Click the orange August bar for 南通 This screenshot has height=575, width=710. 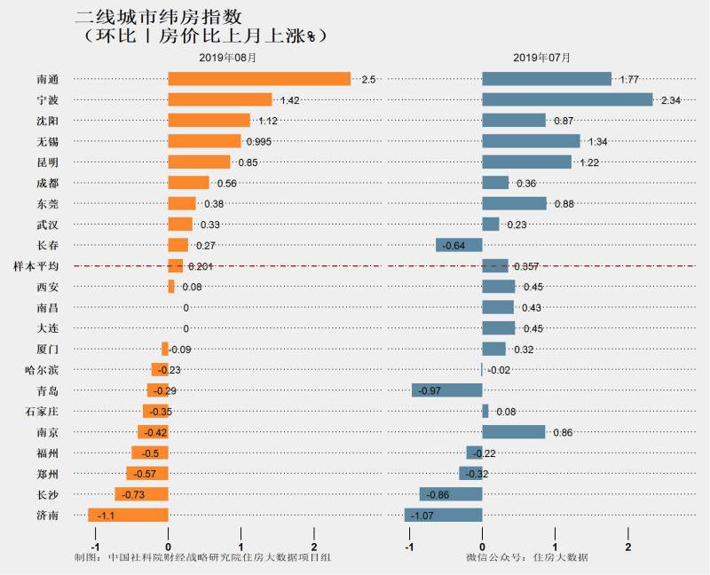(259, 79)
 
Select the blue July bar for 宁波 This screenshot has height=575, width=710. (567, 100)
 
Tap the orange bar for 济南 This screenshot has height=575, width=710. (128, 515)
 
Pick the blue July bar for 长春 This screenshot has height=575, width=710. (459, 245)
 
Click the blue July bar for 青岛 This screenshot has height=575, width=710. (446, 390)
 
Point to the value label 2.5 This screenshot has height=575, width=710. (368, 80)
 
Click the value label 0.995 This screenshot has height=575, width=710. (259, 142)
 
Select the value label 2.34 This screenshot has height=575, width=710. (670, 101)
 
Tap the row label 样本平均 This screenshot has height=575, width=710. (36, 266)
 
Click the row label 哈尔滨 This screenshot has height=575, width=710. (42, 369)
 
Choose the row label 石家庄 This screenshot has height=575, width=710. (42, 411)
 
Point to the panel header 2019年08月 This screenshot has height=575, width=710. (227, 58)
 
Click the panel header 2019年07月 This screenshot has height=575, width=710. (541, 58)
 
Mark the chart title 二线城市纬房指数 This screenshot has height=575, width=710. (159, 17)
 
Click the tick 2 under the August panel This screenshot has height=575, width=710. (314, 546)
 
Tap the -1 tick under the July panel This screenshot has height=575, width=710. (409, 546)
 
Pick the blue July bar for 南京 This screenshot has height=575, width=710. (513, 432)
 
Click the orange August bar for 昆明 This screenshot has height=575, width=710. (199, 162)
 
